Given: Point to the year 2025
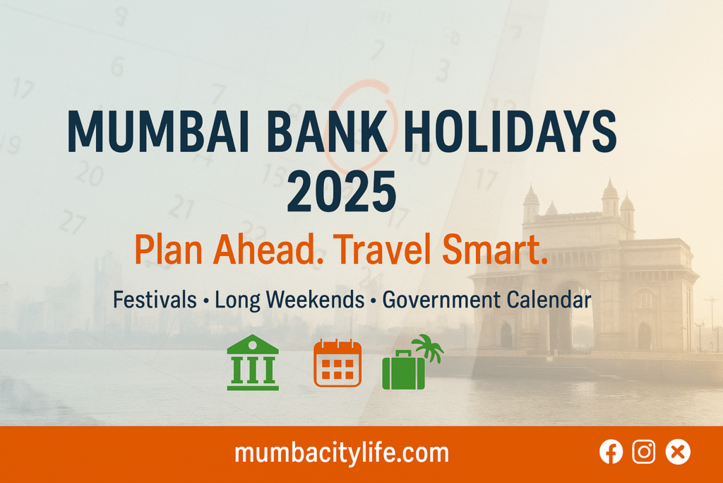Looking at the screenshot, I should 342,190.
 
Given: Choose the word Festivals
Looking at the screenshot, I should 155,300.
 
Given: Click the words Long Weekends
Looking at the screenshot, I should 289,300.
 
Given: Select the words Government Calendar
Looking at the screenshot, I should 486,300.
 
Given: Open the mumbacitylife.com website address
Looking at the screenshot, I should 341,453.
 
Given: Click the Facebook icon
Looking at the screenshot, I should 611,452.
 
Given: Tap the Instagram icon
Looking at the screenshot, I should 644,452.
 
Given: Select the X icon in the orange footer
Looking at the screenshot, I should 678,452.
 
